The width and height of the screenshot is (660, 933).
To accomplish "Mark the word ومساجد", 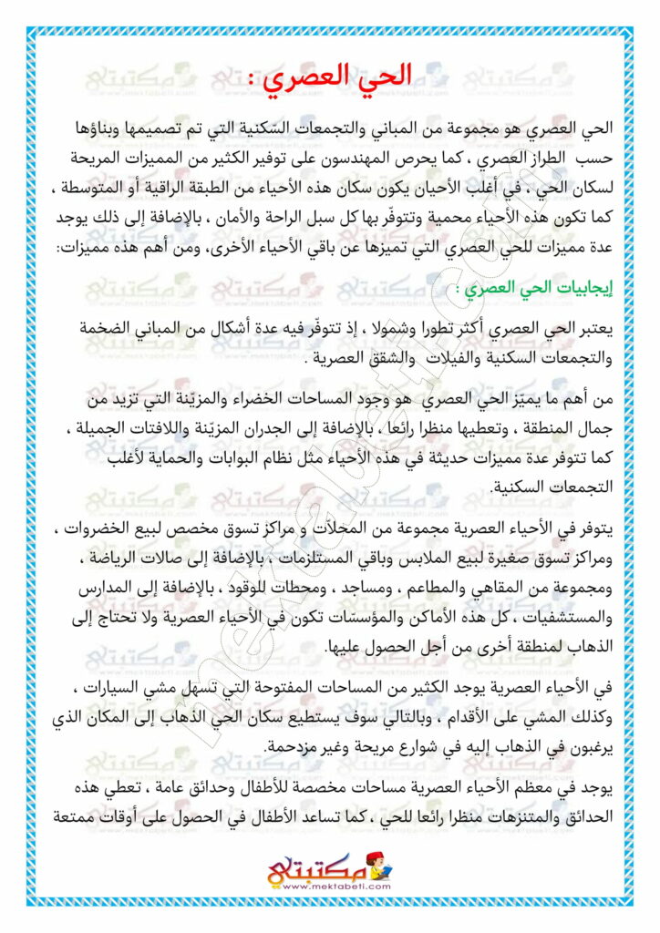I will pyautogui.click(x=321, y=589).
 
